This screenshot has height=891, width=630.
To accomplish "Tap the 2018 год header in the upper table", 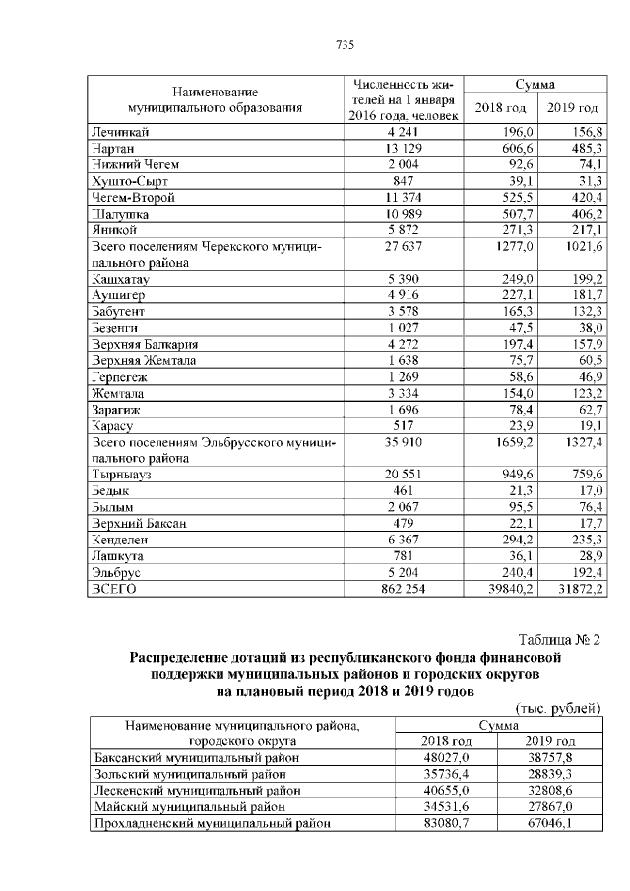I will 500,107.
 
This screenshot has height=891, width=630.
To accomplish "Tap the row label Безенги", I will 115,328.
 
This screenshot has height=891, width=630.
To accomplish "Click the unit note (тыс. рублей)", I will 557,708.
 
